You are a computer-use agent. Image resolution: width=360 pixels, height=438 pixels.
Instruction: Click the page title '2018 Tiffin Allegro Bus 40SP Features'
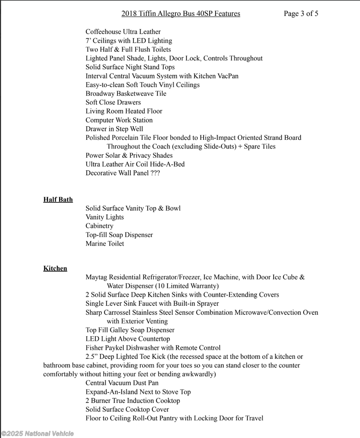180,14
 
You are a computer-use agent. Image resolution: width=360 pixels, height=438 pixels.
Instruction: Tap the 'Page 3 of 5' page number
301,14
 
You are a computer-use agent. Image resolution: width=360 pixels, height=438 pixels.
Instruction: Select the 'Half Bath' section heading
58,200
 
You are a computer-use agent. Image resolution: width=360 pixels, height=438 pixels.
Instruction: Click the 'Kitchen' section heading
55,269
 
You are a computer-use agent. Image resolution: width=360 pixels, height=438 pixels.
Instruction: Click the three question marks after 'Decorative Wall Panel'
155,173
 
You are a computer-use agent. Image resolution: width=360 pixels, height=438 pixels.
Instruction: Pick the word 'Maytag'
96,277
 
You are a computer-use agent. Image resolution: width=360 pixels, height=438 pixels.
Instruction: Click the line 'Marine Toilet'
105,244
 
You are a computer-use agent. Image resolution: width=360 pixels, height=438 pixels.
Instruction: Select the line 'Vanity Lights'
105,217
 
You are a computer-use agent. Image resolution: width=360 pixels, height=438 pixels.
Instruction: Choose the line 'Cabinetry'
99,226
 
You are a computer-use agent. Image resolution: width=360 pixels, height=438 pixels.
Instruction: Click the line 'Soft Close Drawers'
113,103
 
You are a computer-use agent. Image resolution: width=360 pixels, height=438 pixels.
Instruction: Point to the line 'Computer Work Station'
119,120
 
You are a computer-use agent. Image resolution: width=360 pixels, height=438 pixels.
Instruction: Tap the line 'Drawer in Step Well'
114,129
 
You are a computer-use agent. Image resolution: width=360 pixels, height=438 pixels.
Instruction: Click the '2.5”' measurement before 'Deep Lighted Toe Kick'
92,357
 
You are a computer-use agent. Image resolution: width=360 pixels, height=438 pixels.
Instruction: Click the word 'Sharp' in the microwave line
94,313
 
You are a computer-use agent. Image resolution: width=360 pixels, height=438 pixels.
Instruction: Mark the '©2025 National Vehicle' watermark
37,434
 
